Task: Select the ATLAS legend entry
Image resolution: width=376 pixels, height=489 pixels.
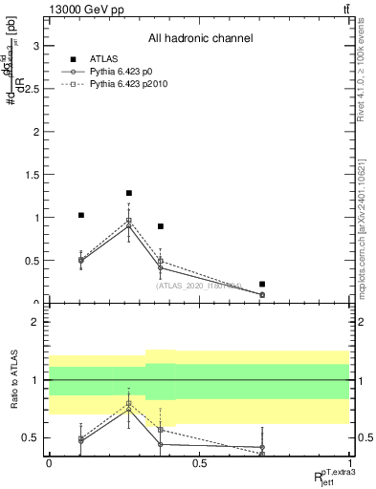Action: tap(101, 59)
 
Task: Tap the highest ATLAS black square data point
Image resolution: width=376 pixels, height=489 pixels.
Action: tap(129, 193)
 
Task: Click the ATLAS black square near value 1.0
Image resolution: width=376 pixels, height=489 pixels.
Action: tap(81, 215)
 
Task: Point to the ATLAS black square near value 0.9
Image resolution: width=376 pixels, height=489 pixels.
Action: tap(161, 226)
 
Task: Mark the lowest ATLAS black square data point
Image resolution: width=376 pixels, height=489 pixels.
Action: tap(262, 284)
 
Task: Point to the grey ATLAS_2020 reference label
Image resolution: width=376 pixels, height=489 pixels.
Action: tap(199, 285)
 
